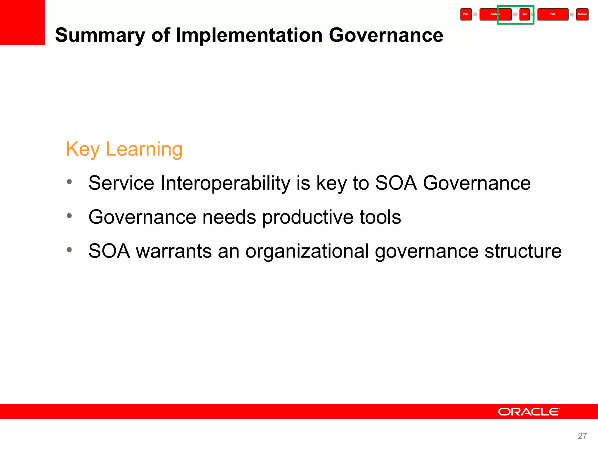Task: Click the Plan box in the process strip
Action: tap(466, 14)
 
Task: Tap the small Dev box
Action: tap(525, 14)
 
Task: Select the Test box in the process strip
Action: tap(553, 14)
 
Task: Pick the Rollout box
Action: tap(582, 14)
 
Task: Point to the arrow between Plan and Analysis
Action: tap(475, 14)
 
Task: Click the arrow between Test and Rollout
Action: tap(572, 14)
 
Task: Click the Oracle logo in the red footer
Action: tap(529, 412)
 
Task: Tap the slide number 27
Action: tap(582, 436)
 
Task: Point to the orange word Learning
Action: tap(144, 149)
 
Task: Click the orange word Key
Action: tap(83, 149)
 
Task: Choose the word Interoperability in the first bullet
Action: tap(225, 183)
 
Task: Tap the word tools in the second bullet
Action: tap(380, 217)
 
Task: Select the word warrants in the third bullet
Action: tap(174, 251)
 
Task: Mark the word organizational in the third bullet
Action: tap(307, 251)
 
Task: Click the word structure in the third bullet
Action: tap(523, 251)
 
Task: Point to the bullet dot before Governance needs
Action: tap(69, 216)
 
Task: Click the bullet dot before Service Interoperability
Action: tap(69, 182)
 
